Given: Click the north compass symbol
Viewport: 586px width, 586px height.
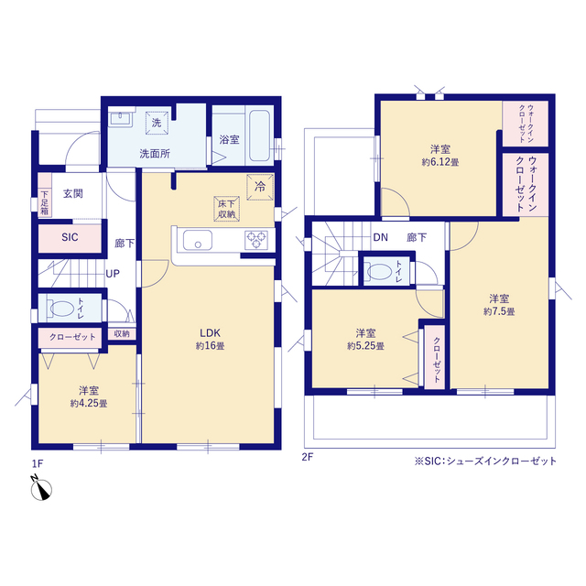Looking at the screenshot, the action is (x=40, y=488).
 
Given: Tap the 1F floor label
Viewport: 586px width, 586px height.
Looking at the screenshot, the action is (x=38, y=464).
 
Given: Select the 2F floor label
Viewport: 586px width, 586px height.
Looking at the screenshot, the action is (x=308, y=457).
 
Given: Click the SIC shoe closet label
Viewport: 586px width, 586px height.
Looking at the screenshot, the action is (x=70, y=237).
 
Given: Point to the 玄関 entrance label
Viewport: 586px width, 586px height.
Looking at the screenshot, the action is (x=73, y=193).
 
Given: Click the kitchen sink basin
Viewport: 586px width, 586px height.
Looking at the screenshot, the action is (x=198, y=240).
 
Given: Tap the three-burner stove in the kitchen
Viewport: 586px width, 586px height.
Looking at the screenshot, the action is (x=256, y=240).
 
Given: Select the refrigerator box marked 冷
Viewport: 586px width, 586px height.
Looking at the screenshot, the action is (x=260, y=187).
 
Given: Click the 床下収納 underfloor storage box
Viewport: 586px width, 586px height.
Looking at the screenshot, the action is (x=226, y=209).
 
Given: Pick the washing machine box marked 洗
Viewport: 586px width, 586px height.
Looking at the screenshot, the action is (x=157, y=123).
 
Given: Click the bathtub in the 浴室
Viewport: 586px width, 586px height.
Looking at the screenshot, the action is (x=259, y=136).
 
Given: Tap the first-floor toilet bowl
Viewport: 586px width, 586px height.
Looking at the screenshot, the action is (x=62, y=309).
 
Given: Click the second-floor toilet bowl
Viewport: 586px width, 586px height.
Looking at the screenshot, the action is (x=378, y=272).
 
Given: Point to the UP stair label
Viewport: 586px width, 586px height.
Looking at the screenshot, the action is (x=113, y=274).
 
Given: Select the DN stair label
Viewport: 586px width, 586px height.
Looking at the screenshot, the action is (x=381, y=237).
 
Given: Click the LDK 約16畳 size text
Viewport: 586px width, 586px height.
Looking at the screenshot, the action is (x=210, y=346).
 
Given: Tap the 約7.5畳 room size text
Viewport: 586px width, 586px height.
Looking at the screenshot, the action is (x=499, y=311).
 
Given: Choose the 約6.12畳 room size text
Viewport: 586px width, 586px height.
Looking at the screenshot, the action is (x=440, y=163).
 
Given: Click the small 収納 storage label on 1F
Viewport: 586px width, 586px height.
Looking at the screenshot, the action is (x=122, y=333).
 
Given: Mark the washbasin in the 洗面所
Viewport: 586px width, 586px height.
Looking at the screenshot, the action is (x=120, y=118).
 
